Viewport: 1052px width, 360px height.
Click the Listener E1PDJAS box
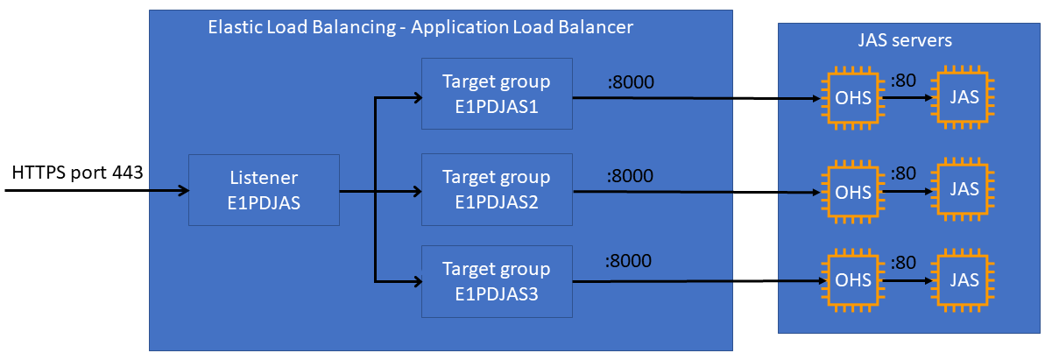coord(264,190)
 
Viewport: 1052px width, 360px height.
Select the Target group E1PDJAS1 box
coord(497,95)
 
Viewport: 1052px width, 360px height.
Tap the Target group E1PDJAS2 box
coord(497,190)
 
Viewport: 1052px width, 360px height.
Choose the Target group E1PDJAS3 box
coord(497,281)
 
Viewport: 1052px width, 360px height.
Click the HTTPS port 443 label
coord(77,173)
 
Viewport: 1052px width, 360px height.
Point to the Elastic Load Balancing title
coord(420,27)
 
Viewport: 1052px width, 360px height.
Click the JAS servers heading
coord(905,40)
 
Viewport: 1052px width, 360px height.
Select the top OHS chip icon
coord(853,98)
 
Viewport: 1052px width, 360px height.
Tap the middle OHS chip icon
coord(853,189)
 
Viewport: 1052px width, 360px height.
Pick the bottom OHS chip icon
coord(853,281)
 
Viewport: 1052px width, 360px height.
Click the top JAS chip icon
coord(964,98)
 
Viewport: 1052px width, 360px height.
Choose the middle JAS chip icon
coord(964,189)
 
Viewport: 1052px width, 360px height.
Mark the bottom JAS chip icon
coord(964,281)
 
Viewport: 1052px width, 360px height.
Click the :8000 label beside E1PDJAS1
coord(630,83)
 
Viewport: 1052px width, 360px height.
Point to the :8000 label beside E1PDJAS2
coord(630,175)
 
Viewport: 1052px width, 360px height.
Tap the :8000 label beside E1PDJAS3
coord(630,261)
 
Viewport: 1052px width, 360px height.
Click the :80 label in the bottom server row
coord(903,262)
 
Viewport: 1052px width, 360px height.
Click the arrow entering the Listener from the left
coord(96,190)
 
